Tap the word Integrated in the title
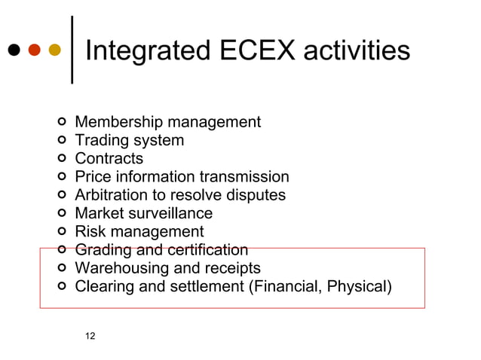click(149, 50)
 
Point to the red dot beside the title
click(34, 51)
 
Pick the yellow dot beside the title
click(54, 51)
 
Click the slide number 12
click(90, 336)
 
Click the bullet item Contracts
click(109, 159)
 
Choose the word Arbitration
click(115, 195)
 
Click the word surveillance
click(172, 214)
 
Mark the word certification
click(208, 250)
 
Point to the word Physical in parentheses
click(358, 287)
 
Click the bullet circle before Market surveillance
click(62, 214)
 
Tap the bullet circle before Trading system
click(62, 141)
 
